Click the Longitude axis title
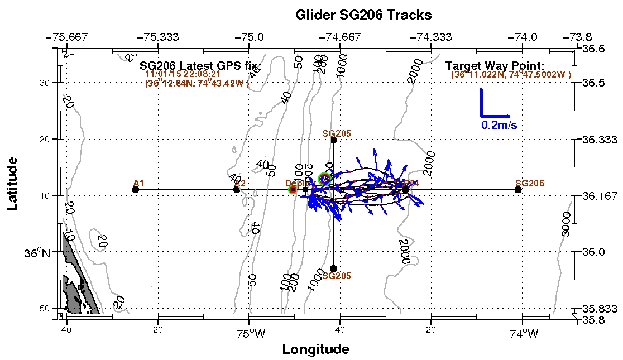click(x=315, y=349)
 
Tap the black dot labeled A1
click(x=135, y=190)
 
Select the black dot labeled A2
click(x=237, y=190)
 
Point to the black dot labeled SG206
click(x=518, y=190)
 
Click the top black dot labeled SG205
click(x=334, y=140)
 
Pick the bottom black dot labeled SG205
click(x=334, y=268)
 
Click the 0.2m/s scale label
click(x=499, y=126)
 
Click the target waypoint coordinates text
click(x=511, y=75)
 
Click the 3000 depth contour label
click(x=566, y=224)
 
